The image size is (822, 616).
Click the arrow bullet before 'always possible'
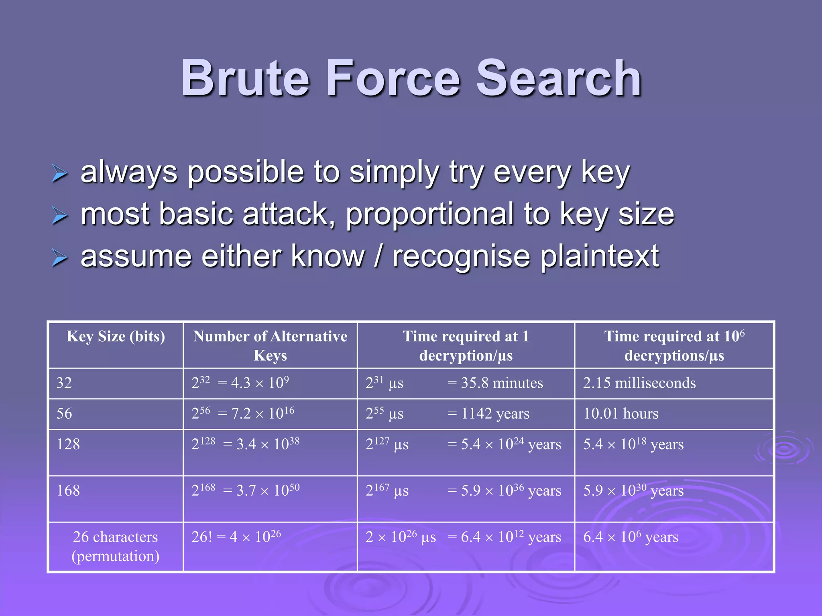[60, 173]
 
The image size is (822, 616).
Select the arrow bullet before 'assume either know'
[60, 257]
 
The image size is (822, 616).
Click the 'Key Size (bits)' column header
[116, 336]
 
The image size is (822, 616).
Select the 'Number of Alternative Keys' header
[270, 346]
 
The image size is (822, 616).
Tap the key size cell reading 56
[64, 413]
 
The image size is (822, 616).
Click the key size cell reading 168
[68, 490]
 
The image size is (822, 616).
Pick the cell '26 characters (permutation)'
[116, 546]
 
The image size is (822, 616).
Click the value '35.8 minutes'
[502, 383]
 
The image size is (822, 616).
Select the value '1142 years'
[495, 413]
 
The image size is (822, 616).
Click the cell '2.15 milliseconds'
[639, 383]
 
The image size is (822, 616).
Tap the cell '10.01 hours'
[621, 413]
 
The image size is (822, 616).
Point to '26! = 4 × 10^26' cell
[236, 537]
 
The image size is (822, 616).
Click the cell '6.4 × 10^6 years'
[631, 537]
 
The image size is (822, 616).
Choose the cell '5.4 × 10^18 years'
[633, 444]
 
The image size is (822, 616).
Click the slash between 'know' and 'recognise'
[378, 257]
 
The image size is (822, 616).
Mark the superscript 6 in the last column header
[742, 332]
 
